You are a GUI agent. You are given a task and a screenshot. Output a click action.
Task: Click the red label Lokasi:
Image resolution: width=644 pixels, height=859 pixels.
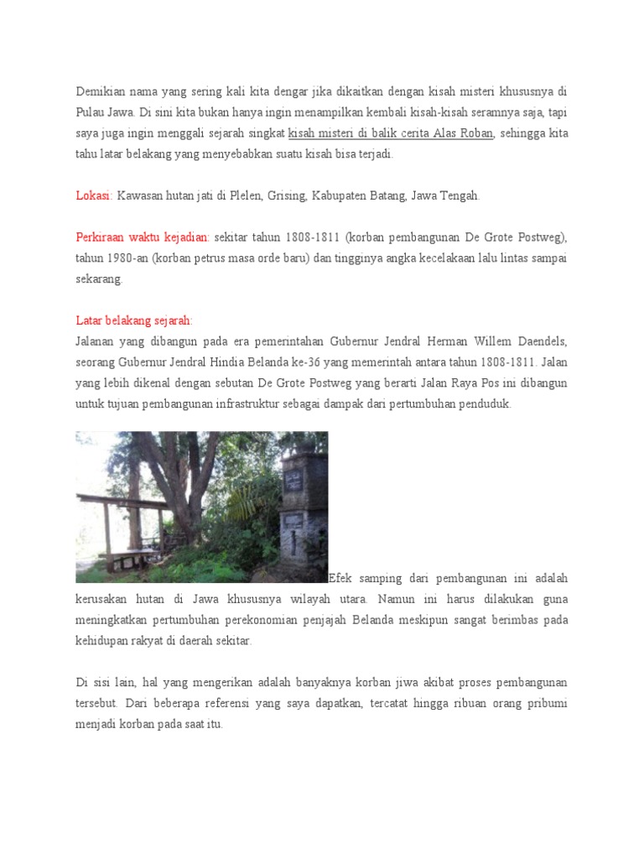click(94, 195)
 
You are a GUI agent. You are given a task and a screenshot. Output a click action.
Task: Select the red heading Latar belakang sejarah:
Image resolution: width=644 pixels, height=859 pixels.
click(134, 320)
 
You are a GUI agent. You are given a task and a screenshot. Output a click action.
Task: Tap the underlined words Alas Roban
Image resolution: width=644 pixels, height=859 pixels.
click(465, 133)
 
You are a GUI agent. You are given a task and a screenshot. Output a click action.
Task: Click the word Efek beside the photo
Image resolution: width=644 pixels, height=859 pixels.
click(343, 579)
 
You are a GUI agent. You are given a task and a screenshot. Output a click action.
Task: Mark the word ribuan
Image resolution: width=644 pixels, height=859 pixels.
click(434, 703)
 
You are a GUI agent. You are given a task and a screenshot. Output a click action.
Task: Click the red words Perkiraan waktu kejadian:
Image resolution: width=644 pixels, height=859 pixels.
click(143, 237)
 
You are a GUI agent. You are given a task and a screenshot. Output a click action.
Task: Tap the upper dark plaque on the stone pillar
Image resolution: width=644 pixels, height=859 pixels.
click(293, 480)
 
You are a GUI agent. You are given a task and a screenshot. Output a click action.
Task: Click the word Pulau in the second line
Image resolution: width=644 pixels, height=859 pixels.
click(91, 112)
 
